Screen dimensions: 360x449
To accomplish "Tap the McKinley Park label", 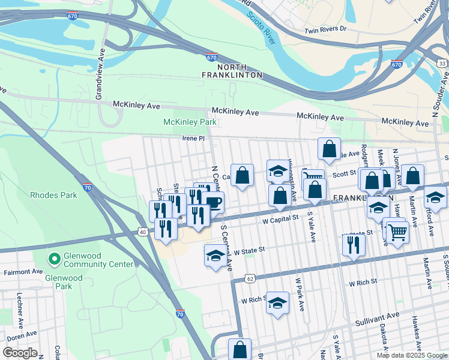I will [x=190, y=122].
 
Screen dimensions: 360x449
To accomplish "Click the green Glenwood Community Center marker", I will [x=54, y=259].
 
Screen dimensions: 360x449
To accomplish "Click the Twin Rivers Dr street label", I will [x=325, y=29].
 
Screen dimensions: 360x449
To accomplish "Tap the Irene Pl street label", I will [x=194, y=139].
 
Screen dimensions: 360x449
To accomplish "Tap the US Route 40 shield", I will [x=142, y=232].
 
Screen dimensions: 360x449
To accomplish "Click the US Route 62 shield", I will [x=250, y=278].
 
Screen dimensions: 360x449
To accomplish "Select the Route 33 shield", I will [x=442, y=63].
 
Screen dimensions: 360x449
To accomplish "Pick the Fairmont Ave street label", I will [x=22, y=272].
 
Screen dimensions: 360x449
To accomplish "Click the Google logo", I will [x=19, y=353].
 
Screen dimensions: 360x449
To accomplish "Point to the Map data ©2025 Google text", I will [x=412, y=355].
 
